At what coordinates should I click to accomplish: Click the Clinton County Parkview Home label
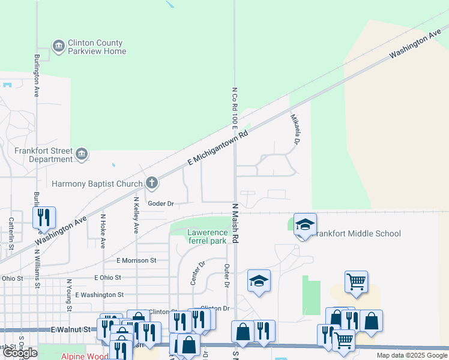97,47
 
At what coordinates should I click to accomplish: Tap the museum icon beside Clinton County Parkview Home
59,46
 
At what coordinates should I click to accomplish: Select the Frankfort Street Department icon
81,155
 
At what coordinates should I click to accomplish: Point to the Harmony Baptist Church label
97,184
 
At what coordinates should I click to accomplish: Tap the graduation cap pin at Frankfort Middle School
305,225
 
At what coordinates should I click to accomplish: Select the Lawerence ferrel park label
207,236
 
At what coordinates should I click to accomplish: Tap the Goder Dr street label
161,204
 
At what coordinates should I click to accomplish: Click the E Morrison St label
136,260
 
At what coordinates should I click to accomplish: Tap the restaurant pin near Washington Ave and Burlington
44,218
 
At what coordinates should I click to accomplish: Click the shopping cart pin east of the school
357,281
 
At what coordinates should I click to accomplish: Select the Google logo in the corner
20,353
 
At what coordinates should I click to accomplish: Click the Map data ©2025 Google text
411,355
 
